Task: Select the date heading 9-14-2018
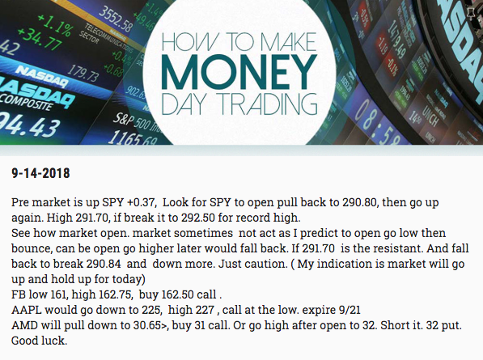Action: point(40,173)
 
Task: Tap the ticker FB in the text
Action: point(19,294)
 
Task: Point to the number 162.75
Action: point(116,294)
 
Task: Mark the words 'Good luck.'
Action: point(39,341)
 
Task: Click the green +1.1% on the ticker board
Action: point(56,27)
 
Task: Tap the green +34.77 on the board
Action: point(40,40)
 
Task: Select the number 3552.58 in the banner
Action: point(116,19)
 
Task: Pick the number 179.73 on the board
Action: point(83,73)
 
